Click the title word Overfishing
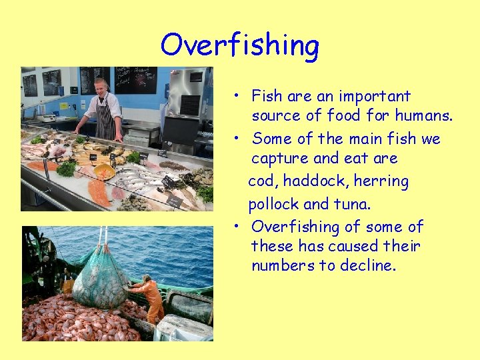tap(240, 45)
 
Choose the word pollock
tap(273, 203)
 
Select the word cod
tap(262, 181)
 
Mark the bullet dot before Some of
tap(237, 139)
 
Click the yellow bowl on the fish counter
tap(104, 171)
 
